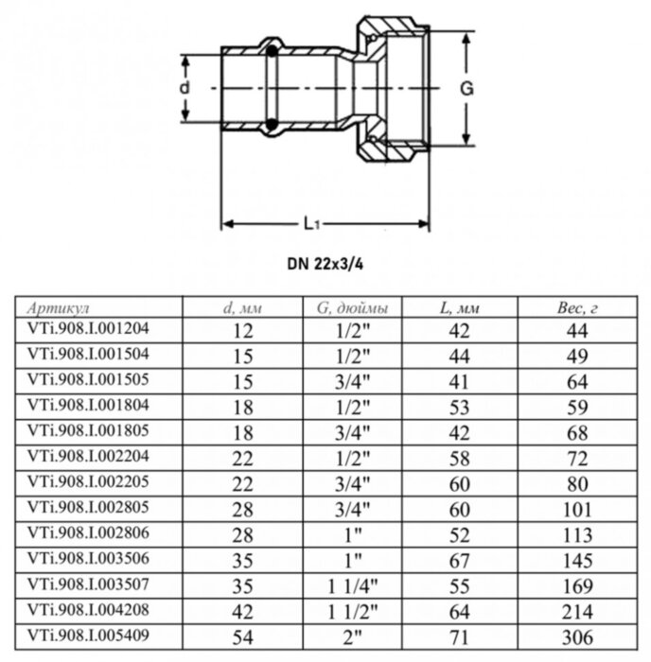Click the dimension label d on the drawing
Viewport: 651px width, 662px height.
185,86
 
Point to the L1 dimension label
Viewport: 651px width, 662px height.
313,224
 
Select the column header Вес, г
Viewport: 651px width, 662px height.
577,308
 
